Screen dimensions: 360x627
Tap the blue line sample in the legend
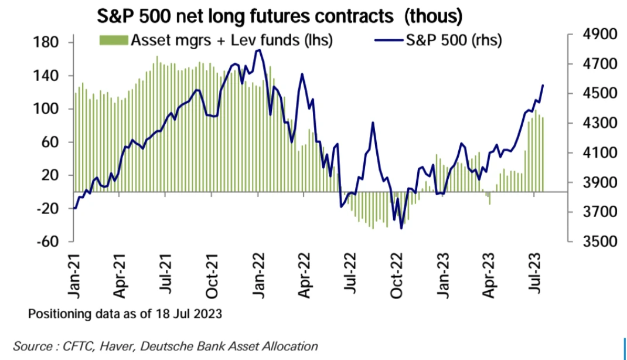tap(387, 40)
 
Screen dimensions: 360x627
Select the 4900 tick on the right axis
tap(596, 35)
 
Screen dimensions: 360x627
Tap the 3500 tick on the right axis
tap(596, 242)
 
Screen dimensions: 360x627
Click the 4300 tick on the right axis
tap(596, 123)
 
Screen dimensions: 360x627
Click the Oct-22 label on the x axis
tap(397, 276)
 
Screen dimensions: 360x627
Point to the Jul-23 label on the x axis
tap(536, 276)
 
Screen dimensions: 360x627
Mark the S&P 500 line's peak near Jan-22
tap(258, 50)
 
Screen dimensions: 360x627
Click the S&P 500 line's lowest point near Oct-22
tap(401, 228)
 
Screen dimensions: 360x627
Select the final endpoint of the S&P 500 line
tap(543, 86)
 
